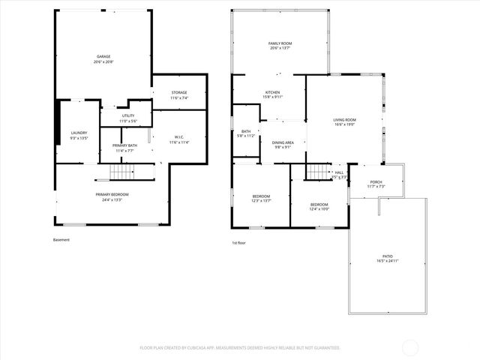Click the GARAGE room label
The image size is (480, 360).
(103, 57)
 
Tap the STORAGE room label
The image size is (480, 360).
(178, 92)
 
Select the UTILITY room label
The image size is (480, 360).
(128, 115)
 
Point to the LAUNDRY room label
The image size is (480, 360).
(79, 133)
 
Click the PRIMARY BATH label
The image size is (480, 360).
(124, 145)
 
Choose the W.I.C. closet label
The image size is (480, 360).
(178, 136)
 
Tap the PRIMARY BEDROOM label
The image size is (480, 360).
(109, 195)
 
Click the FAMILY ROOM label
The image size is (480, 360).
(280, 44)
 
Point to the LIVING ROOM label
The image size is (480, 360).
(344, 120)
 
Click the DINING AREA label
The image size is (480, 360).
(283, 142)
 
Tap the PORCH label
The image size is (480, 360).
(376, 181)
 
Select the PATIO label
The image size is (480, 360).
(388, 256)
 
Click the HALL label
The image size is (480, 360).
(339, 173)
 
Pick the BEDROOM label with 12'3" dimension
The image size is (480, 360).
(261, 196)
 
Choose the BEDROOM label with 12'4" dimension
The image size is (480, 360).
(319, 204)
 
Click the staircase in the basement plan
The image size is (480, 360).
(124, 173)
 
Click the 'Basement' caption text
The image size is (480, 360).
(61, 240)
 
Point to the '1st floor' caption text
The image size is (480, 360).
(239, 242)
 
